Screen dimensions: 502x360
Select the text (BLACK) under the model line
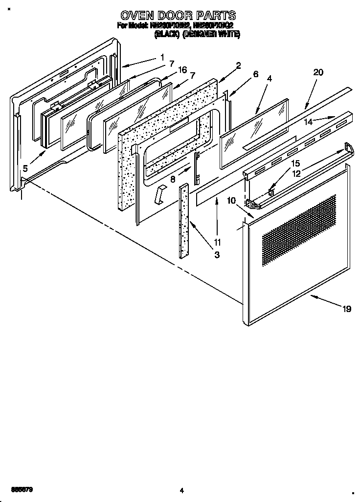tap(166, 34)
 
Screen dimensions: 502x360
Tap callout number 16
tap(182, 70)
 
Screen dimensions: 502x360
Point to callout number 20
tap(318, 72)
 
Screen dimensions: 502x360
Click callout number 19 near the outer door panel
tap(346, 309)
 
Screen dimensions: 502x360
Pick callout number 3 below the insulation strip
tap(217, 254)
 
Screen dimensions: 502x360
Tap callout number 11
tap(217, 242)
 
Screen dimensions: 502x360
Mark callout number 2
tap(238, 65)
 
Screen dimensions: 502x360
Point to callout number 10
tap(231, 200)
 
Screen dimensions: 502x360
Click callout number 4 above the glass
tap(270, 78)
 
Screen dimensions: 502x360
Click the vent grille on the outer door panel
tap(299, 230)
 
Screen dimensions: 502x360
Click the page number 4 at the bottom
tap(181, 490)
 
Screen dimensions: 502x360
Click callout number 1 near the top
tap(161, 57)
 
